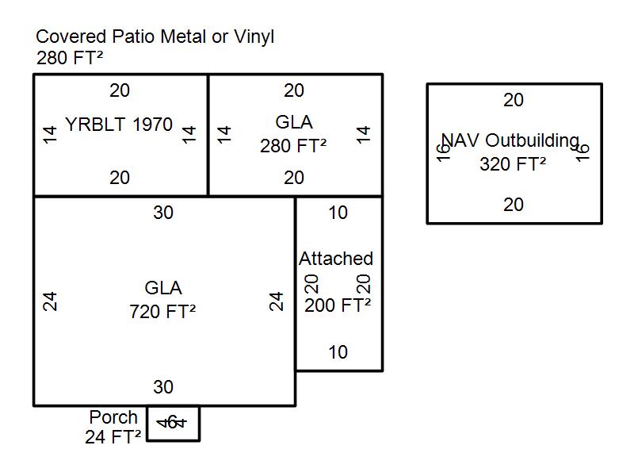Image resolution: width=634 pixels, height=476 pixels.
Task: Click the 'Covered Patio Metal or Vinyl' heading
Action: [x=155, y=36]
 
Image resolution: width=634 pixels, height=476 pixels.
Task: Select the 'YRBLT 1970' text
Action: [x=119, y=125]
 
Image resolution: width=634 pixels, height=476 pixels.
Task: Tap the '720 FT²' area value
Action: [x=162, y=312]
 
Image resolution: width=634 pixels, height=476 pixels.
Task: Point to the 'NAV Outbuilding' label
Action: [x=510, y=140]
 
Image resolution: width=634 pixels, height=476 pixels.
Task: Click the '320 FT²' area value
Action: [x=513, y=164]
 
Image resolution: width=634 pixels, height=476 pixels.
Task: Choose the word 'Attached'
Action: [x=336, y=259]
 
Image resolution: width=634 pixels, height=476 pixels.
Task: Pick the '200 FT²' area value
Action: [x=338, y=305]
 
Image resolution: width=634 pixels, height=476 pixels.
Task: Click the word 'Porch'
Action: [x=113, y=417]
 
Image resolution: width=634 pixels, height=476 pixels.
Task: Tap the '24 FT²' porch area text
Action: [x=113, y=436]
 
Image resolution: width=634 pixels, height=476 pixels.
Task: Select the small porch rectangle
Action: [x=174, y=424]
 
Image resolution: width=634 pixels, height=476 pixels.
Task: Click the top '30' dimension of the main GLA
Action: [x=163, y=213]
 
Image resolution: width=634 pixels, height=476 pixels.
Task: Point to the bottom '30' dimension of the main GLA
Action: [x=163, y=387]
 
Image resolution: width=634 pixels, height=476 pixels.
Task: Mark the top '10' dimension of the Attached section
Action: [x=338, y=213]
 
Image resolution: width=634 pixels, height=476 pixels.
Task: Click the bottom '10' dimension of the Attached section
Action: [x=338, y=352]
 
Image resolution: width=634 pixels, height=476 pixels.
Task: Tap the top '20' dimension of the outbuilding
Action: [x=514, y=100]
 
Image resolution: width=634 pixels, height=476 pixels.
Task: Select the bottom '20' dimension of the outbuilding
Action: [x=514, y=205]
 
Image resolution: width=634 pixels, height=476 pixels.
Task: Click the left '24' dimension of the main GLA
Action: [x=50, y=301]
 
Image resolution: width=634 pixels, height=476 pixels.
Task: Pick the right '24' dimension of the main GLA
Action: [x=276, y=301]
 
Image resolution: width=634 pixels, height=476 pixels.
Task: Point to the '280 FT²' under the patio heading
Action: [x=70, y=58]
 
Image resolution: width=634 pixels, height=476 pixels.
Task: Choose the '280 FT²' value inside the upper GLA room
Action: [x=293, y=146]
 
